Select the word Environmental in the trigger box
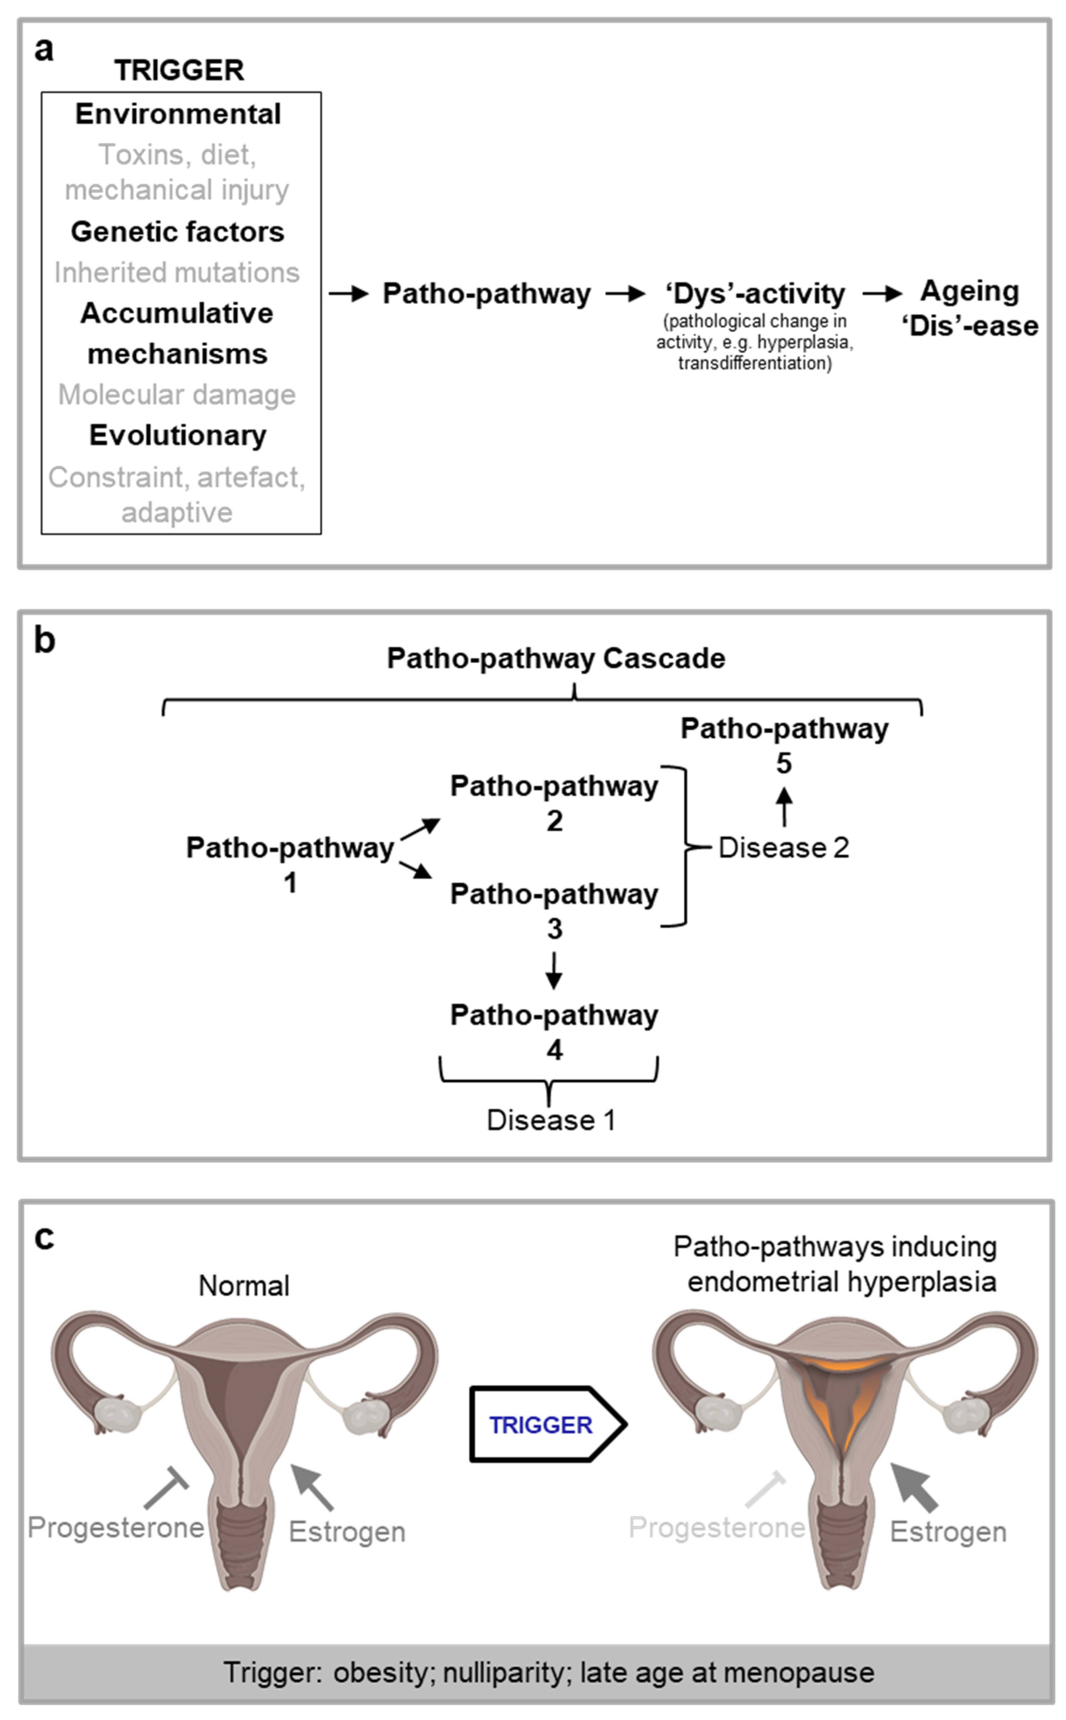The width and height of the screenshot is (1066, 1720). point(178,114)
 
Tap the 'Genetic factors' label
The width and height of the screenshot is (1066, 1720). point(178,232)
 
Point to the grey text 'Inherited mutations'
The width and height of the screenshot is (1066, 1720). point(177,273)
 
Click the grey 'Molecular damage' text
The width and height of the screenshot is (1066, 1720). point(177,394)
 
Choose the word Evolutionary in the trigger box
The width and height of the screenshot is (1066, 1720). point(178,436)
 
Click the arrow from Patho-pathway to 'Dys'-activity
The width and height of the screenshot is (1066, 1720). point(625,294)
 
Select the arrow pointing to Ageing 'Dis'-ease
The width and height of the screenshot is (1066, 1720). point(882,294)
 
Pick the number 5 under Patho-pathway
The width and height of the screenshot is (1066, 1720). point(784,763)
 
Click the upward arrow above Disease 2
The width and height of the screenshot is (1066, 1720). point(784,807)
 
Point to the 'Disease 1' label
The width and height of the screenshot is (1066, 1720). point(551,1120)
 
